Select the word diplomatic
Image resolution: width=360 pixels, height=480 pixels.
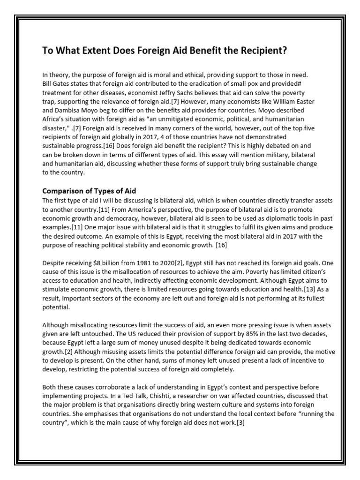click(x=234, y=217)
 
